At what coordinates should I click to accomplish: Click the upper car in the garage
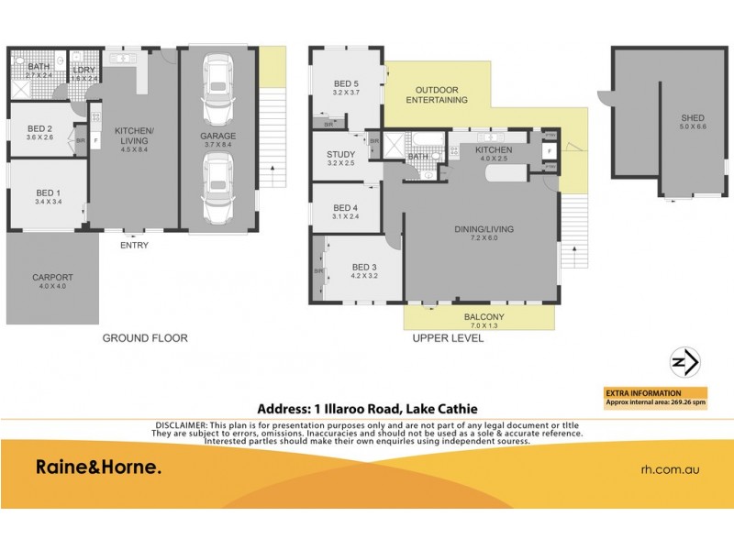[218, 89]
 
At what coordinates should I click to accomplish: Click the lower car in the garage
[218, 188]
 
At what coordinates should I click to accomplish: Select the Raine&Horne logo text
[98, 467]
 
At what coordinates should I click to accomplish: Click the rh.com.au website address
[670, 468]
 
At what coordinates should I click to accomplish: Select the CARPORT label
[52, 277]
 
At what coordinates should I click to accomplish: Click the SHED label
[692, 118]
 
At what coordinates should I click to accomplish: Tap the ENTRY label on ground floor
[134, 245]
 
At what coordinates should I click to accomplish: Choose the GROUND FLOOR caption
[145, 338]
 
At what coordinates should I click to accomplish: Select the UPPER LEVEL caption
[450, 338]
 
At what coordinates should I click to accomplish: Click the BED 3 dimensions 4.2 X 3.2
[365, 276]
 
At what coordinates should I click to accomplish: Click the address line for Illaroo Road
[366, 410]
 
